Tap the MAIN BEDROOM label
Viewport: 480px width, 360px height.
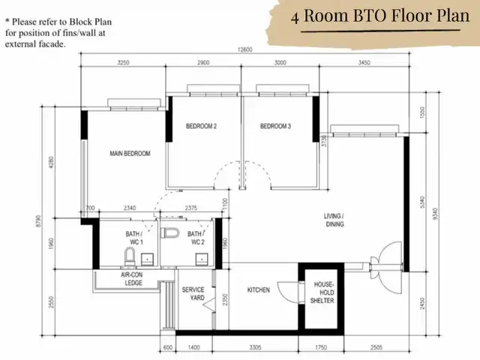click(130, 154)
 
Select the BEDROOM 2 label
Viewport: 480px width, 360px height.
click(201, 127)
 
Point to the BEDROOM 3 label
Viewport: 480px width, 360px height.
click(275, 127)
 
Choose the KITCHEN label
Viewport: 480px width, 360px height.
click(259, 289)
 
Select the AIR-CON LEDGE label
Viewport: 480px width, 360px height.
click(133, 279)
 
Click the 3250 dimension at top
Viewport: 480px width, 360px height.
click(124, 63)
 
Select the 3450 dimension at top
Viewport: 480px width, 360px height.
click(365, 63)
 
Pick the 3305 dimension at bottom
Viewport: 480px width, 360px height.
click(255, 348)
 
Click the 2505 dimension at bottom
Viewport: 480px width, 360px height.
click(376, 348)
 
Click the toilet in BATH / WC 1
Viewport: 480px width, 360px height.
click(128, 259)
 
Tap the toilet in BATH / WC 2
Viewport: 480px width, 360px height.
click(169, 235)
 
